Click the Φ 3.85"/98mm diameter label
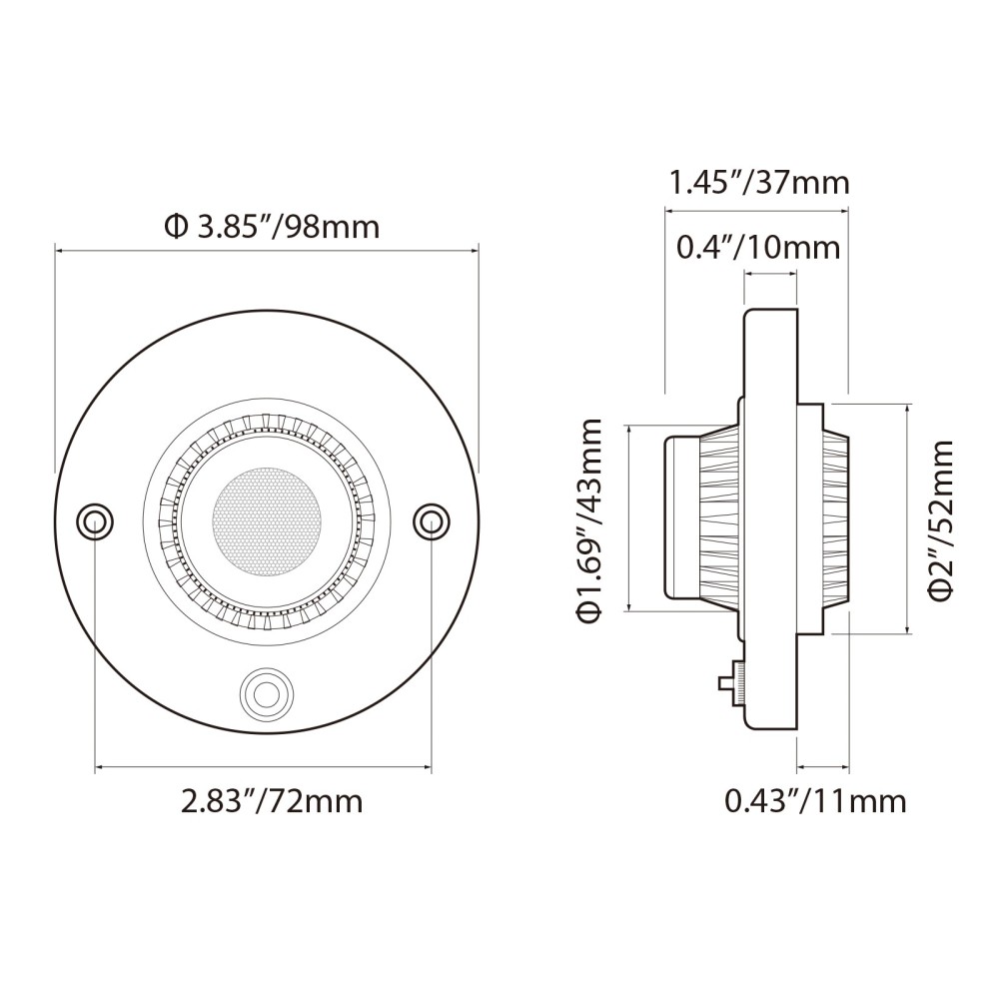pos(271,227)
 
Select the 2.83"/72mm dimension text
pos(271,800)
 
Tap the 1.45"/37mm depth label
pos(758,183)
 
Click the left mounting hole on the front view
pos(95,520)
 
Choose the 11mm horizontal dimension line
pos(822,769)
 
